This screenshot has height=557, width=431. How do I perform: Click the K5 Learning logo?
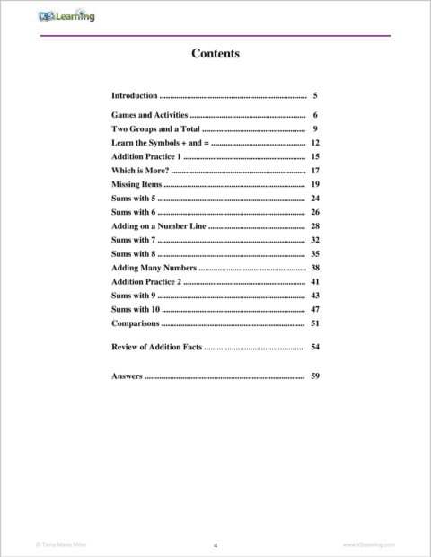click(x=66, y=16)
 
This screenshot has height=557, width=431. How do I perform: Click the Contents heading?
click(x=215, y=54)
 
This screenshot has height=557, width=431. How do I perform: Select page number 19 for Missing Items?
click(x=315, y=184)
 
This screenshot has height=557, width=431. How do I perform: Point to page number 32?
click(x=315, y=240)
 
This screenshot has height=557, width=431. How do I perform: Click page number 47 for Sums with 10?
click(x=315, y=309)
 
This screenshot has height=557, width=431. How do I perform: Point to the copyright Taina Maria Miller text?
click(x=60, y=544)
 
